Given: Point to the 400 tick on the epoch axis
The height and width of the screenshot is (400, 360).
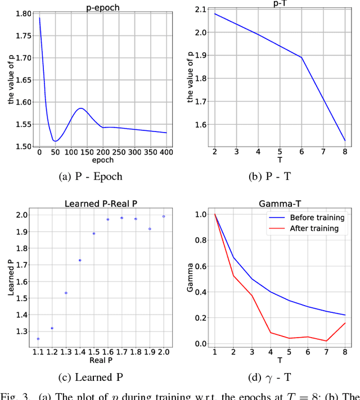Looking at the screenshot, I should pos(166,152).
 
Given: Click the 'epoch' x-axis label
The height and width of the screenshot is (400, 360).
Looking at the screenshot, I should pos(102,160).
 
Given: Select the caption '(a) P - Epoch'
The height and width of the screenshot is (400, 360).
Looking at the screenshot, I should pos(90,176).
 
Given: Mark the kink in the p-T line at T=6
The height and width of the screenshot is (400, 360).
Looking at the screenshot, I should pos(302,57).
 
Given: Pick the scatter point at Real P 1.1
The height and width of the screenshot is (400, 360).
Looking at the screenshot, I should pos(38,339).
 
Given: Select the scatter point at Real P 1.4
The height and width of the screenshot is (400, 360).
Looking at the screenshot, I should pos(80,260).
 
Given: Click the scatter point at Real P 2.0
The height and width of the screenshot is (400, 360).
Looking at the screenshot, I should pos(164,216).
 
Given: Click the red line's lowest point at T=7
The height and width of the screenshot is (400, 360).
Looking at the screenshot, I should pos(326,341).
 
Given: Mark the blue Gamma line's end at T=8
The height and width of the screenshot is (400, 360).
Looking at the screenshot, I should pos(345,315).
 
